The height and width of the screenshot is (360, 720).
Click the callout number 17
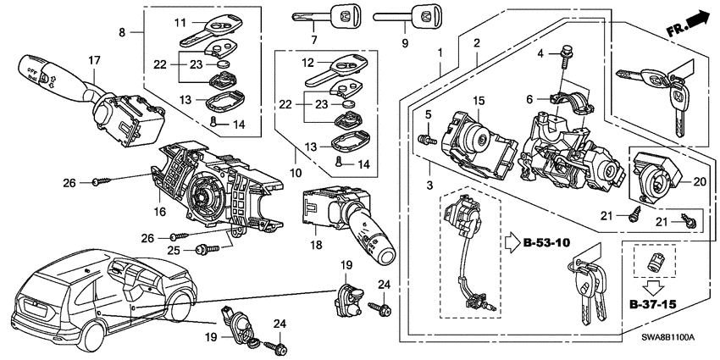(94, 60)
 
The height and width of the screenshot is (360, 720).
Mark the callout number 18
(316, 245)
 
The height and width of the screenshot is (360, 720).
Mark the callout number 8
(122, 32)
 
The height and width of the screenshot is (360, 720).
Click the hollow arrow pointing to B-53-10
(512, 242)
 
